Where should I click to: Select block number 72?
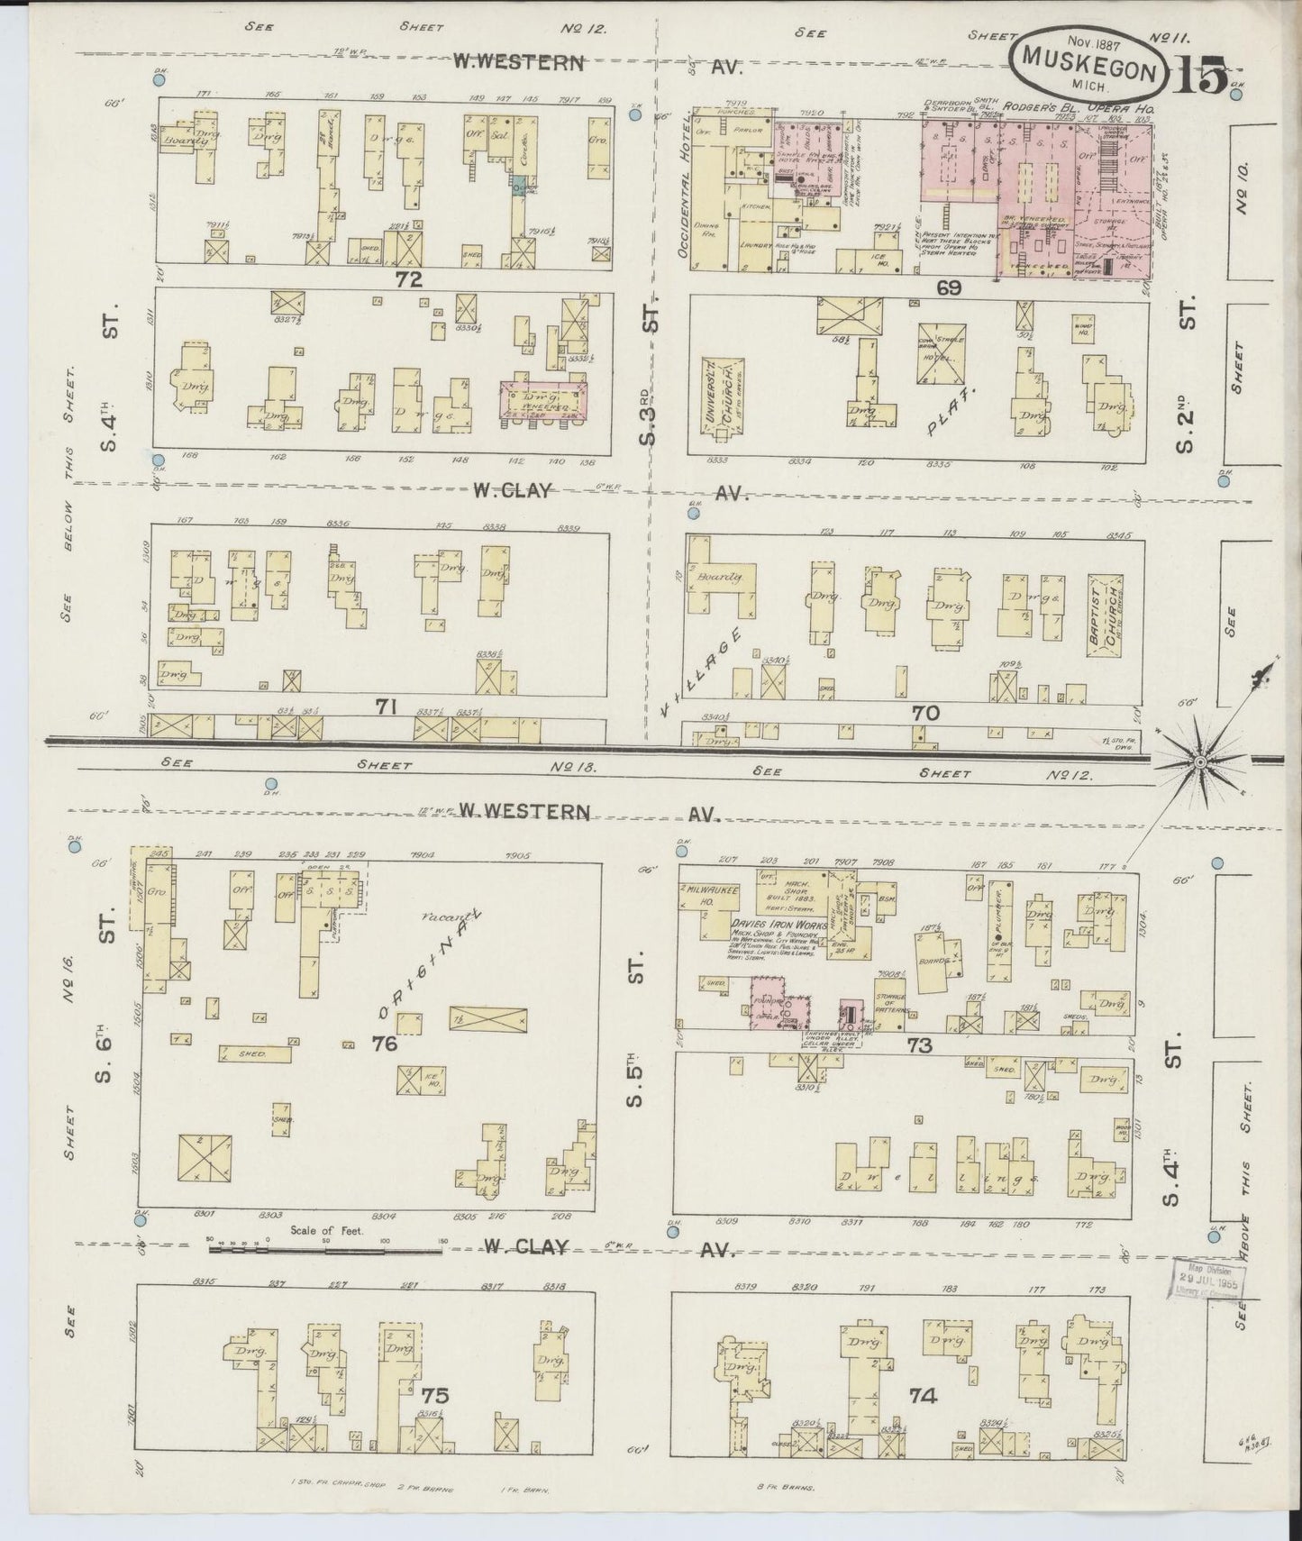click(408, 280)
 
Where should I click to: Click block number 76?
click(385, 1044)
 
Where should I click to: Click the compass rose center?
click(1199, 762)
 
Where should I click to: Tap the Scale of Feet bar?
click(324, 1251)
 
